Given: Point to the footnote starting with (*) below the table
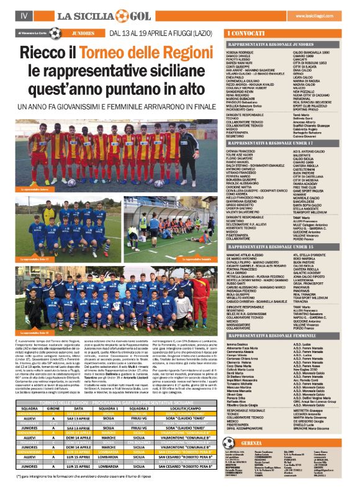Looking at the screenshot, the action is click(93, 476).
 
